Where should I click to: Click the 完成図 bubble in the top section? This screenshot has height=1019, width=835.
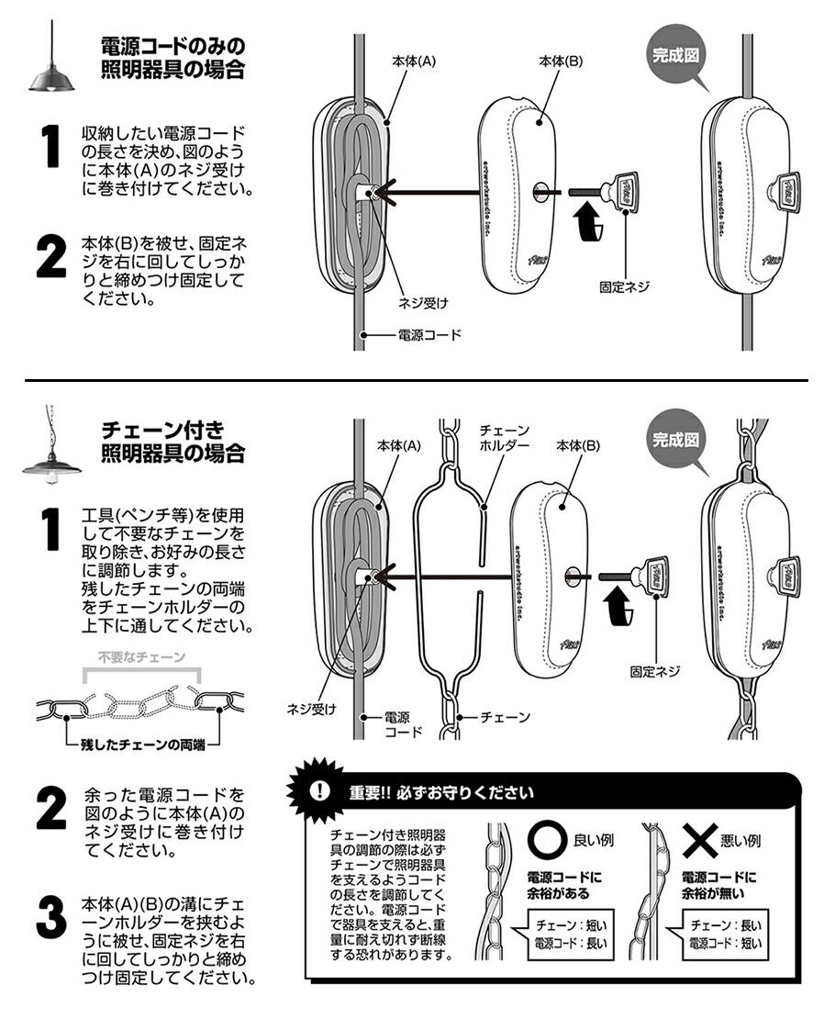(677, 54)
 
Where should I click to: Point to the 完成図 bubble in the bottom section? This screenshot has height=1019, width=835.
(677, 439)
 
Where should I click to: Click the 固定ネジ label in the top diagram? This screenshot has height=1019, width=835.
(624, 286)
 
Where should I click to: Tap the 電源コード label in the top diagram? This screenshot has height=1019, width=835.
(429, 335)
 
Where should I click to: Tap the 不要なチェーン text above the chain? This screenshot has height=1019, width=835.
(141, 657)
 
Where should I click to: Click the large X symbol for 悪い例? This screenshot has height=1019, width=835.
(700, 839)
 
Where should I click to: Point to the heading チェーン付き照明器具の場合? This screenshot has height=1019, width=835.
(173, 441)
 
